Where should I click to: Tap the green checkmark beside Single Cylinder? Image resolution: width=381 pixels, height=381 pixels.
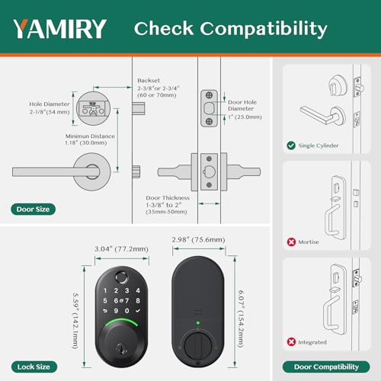pos(291,145)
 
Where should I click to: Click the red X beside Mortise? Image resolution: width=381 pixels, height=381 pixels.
pos(291,242)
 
